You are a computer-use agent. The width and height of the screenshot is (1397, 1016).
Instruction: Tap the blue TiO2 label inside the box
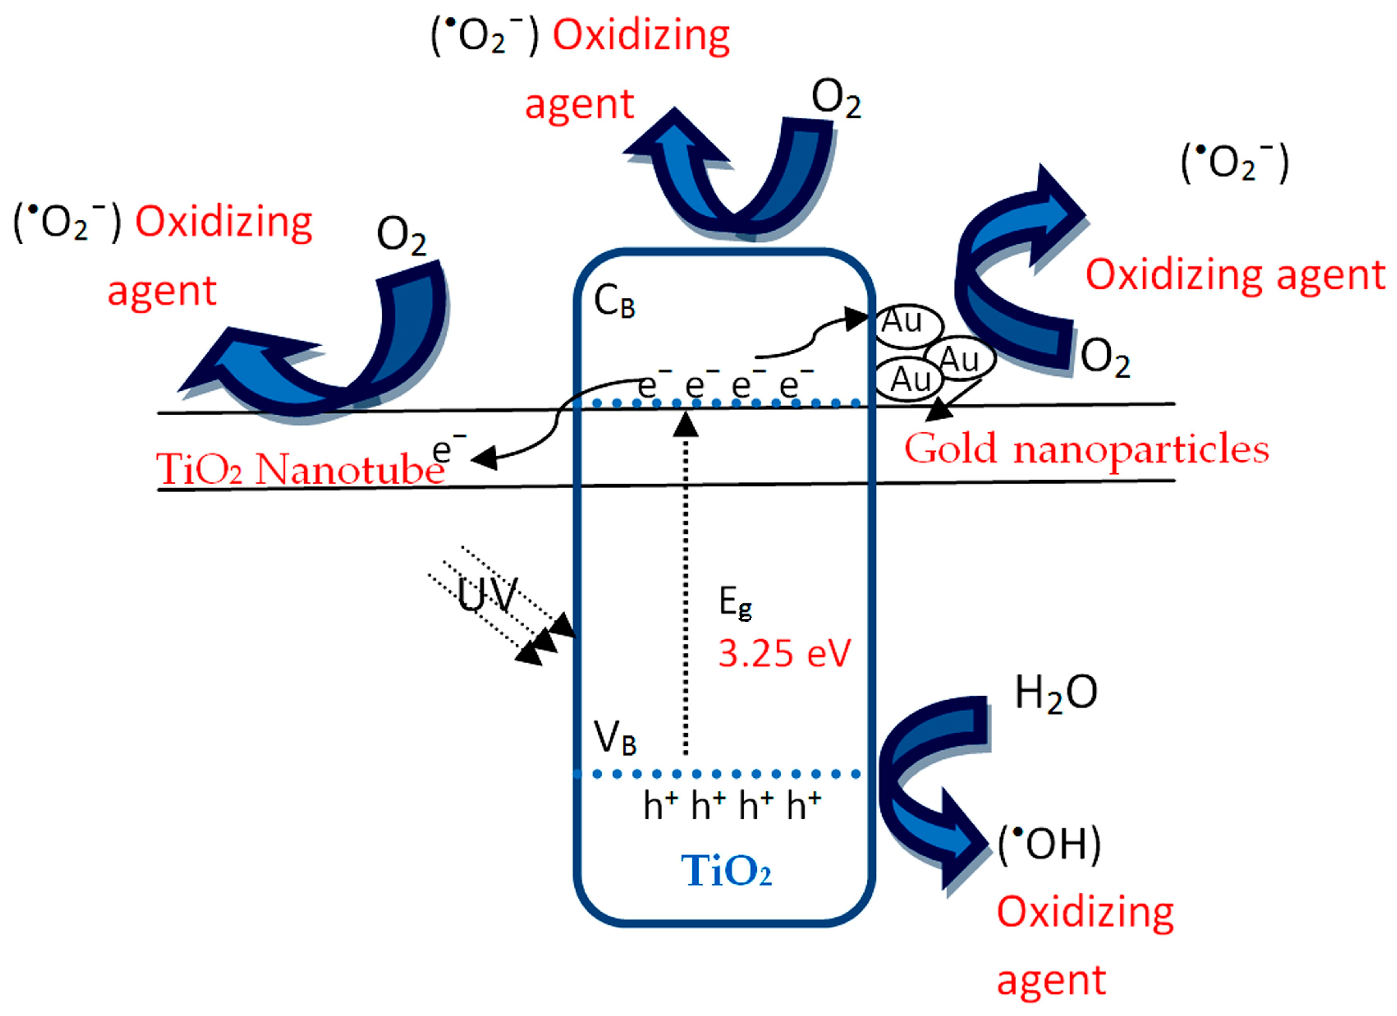[725, 871]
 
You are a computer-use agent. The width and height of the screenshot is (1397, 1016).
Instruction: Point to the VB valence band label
[614, 738]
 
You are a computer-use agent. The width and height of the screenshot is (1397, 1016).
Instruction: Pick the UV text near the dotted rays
[488, 595]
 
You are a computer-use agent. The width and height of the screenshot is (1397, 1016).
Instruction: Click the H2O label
[1055, 693]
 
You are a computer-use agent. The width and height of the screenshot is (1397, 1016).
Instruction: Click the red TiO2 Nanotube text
[300, 470]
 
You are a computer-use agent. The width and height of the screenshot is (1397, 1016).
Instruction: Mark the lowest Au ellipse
[909, 379]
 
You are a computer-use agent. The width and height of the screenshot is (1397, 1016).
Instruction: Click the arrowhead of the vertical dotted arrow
[686, 425]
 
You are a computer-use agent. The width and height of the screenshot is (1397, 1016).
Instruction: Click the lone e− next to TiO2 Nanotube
[448, 450]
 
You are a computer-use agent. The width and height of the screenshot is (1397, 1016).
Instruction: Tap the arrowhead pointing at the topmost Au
[856, 319]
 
